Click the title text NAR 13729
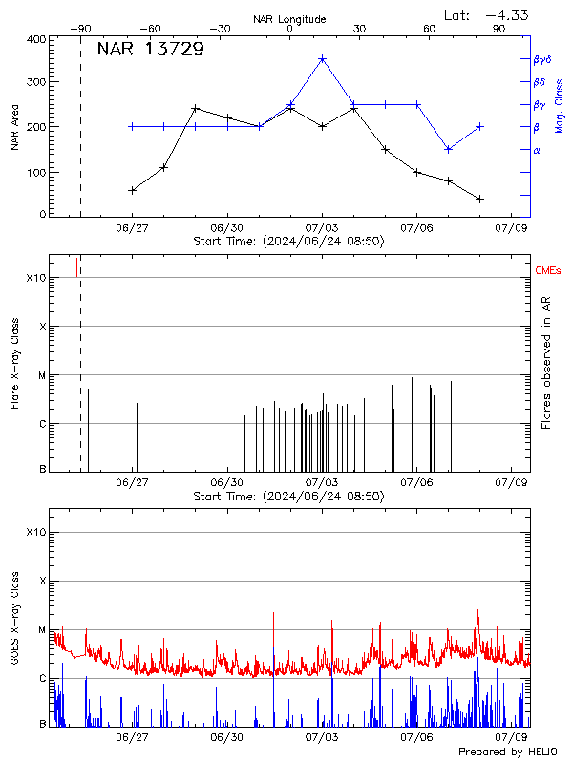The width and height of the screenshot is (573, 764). tap(150, 50)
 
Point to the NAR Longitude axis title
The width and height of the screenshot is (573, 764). tap(289, 19)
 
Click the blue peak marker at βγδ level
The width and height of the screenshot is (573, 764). tap(323, 59)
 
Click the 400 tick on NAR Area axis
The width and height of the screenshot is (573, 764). tap(36, 40)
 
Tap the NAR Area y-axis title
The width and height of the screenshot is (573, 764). tap(15, 127)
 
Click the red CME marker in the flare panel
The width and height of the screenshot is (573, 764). tap(77, 266)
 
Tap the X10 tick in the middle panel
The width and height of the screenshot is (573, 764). tap(35, 278)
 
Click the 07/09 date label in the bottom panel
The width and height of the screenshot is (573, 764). tap(512, 738)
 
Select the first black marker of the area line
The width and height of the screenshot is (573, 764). tap(132, 190)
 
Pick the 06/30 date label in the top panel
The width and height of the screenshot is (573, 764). tap(227, 228)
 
